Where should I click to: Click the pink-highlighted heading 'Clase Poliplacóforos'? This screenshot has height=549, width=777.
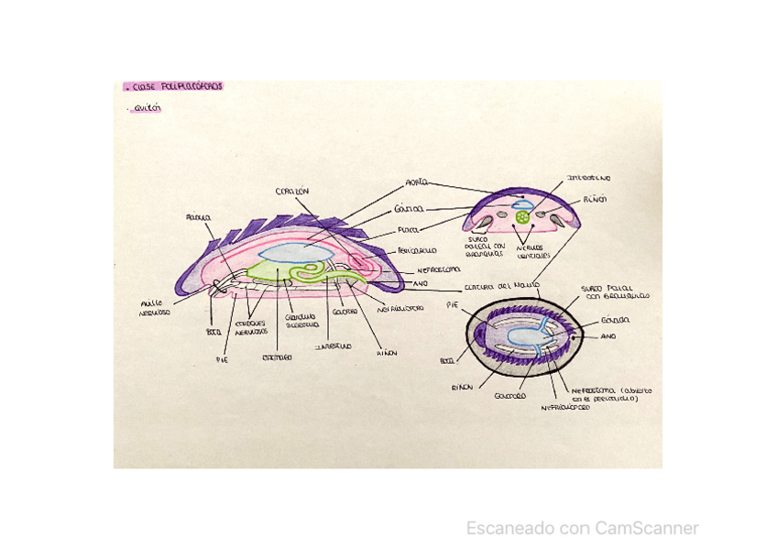coord(174,87)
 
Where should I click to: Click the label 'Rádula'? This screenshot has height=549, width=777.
coord(198,218)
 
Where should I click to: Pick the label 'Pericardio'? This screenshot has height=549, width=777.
coord(416,250)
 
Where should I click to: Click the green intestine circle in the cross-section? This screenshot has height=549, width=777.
coord(522,217)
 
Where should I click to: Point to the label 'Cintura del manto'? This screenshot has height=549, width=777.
coord(497,286)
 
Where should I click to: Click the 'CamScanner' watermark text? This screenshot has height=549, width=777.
coord(583,528)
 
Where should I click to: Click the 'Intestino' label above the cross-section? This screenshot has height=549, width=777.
coord(590,178)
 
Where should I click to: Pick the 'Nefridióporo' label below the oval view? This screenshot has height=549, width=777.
coord(565,407)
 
